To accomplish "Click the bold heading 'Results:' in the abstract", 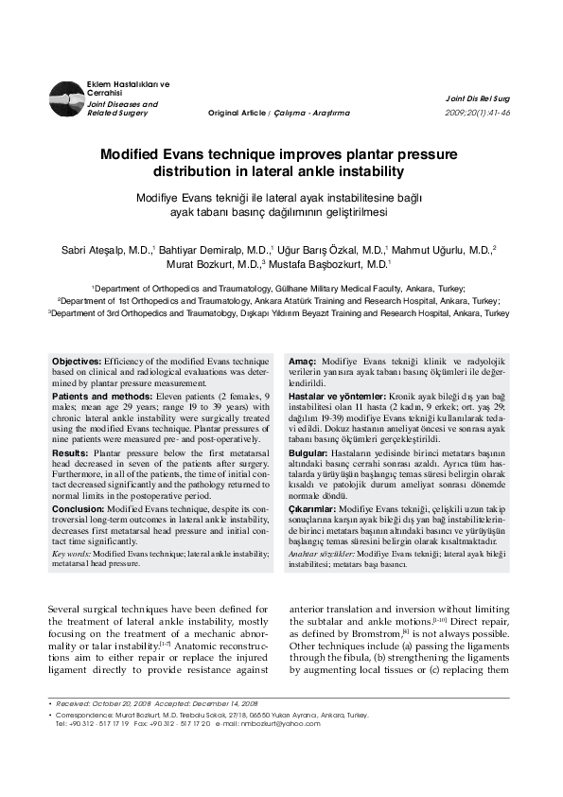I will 70,454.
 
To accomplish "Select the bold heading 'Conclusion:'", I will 78,508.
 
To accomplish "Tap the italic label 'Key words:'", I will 71,552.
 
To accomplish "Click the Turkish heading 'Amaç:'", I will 302,363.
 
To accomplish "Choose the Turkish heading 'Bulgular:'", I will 309,454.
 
